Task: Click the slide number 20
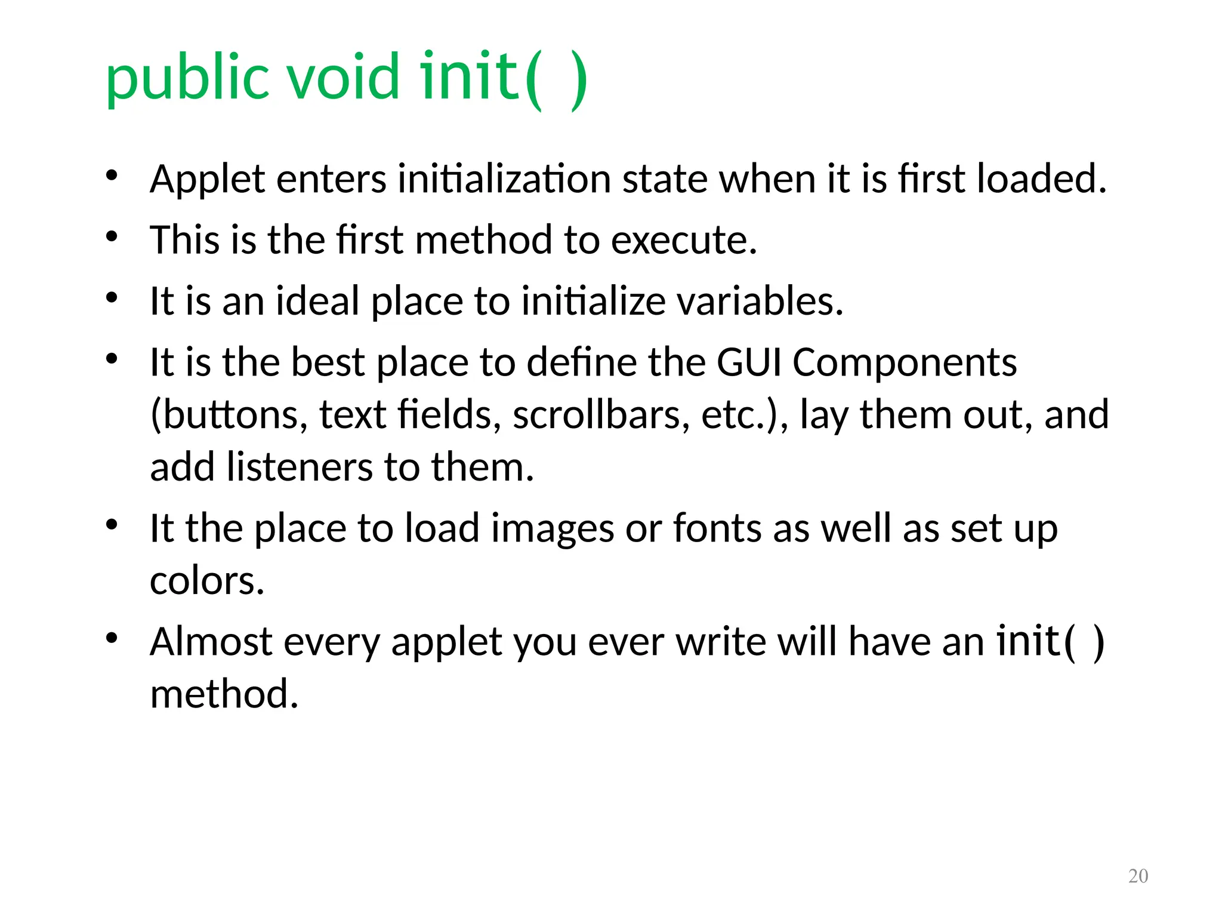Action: [1138, 876]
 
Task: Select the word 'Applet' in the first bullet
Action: [207, 180]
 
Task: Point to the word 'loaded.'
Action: [1041, 179]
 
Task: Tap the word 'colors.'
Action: [207, 581]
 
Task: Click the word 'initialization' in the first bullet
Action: [504, 179]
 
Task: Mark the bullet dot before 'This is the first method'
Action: [112, 236]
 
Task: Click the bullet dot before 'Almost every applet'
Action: [112, 638]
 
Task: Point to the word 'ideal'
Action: [317, 301]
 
